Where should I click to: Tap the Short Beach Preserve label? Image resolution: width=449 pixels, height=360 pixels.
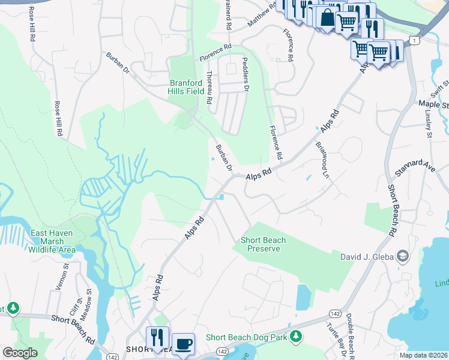click(x=263, y=244)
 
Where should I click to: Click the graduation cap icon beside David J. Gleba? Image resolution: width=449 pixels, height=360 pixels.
click(x=403, y=257)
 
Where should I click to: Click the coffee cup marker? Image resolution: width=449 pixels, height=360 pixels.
click(x=183, y=344)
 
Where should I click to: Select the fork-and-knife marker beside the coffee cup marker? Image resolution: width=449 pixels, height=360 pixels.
click(x=158, y=337)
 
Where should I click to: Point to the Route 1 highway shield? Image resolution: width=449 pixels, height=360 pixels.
click(x=412, y=39)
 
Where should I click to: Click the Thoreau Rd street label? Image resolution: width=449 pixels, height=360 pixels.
click(x=209, y=85)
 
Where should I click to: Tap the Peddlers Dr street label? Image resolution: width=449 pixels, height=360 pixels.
click(x=245, y=75)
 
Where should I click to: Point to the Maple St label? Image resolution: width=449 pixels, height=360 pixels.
click(x=433, y=104)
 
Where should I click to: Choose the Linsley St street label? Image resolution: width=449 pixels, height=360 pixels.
click(x=429, y=123)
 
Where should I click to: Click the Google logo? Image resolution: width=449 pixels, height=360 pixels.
click(x=20, y=352)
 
